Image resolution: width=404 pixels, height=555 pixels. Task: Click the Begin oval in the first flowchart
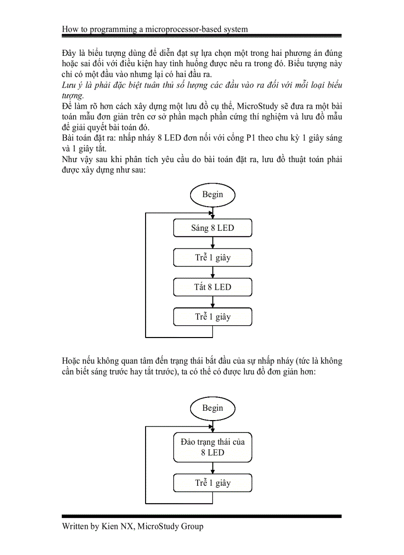click(212, 194)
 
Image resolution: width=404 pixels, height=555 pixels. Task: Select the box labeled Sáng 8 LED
click(212, 228)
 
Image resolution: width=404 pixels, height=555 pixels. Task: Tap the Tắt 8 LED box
click(212, 287)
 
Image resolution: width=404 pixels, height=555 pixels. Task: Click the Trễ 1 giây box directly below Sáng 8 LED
click(212, 257)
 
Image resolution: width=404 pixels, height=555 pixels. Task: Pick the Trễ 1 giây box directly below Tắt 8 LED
click(212, 317)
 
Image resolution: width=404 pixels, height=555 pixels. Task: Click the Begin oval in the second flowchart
click(212, 408)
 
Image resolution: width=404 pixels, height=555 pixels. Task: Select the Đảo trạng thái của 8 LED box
click(212, 447)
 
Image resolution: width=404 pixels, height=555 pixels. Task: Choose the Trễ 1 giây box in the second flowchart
click(212, 483)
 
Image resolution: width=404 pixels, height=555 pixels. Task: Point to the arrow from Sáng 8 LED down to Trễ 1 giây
click(212, 243)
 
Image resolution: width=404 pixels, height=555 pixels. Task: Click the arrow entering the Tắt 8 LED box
click(212, 272)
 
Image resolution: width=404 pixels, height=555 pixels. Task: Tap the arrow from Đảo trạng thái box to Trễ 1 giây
click(212, 468)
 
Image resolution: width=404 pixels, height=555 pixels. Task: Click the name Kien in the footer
click(111, 526)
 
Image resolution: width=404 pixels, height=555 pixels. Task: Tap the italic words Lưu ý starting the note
click(72, 85)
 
